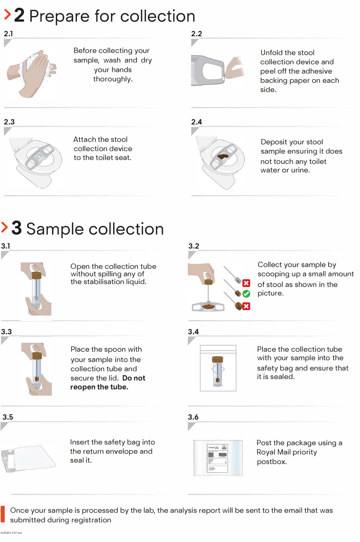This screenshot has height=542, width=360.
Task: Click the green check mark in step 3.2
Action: click(x=246, y=294)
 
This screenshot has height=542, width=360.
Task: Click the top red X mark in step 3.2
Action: click(x=246, y=283)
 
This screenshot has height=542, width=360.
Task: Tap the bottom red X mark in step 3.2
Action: click(x=246, y=306)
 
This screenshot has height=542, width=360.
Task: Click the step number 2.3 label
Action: click(x=9, y=122)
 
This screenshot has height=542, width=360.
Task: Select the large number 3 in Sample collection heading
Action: click(x=16, y=228)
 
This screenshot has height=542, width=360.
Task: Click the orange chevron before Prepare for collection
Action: click(x=7, y=15)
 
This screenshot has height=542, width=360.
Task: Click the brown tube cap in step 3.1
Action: click(x=36, y=275)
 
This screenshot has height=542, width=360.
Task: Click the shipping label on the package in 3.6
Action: click(x=217, y=458)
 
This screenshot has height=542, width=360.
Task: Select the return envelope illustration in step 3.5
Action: click(x=28, y=458)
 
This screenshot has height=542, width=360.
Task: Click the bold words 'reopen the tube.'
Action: click(x=99, y=387)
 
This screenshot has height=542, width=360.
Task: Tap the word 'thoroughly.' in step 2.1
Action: click(x=113, y=79)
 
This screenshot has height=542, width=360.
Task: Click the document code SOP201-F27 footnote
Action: click(x=11, y=533)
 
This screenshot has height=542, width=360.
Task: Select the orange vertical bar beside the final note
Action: click(x=3, y=515)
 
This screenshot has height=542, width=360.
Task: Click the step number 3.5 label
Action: click(x=8, y=417)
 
